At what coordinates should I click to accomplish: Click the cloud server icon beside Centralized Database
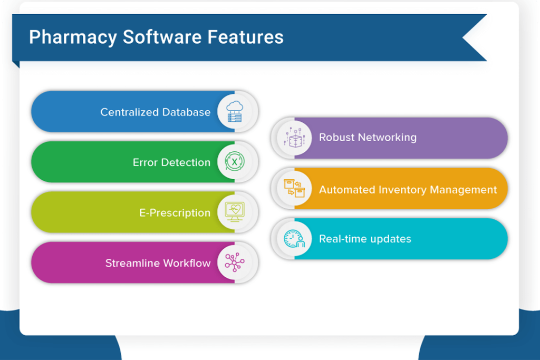(234, 112)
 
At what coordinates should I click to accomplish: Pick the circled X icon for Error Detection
(234, 162)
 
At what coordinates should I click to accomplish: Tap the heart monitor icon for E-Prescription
(234, 212)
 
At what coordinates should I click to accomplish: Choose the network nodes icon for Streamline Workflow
(234, 262)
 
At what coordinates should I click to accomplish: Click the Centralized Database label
(156, 112)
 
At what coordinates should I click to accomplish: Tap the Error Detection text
(171, 162)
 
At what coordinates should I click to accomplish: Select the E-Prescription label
(175, 213)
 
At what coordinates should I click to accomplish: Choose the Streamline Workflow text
(158, 263)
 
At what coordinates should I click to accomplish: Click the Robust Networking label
(368, 138)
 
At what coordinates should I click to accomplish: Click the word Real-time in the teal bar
(343, 239)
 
